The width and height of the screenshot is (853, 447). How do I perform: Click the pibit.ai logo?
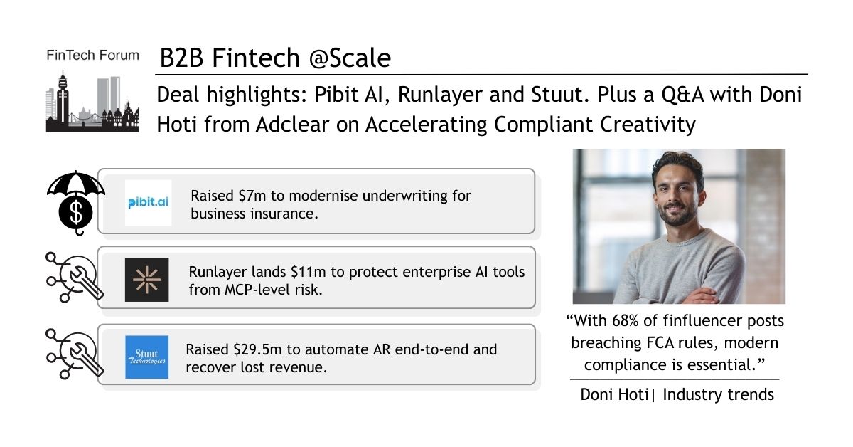148,203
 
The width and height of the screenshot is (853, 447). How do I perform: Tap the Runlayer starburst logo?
147,280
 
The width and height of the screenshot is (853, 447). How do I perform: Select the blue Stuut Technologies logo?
147,357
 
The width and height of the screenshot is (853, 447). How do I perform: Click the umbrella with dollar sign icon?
76,203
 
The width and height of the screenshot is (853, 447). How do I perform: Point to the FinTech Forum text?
92,56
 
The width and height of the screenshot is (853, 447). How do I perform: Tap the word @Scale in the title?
350,58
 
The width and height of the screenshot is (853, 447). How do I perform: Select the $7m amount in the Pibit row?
252,196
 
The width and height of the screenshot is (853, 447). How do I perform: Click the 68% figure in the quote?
625,321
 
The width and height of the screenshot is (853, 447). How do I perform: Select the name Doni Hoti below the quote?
614,395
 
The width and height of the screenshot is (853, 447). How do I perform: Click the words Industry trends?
718,395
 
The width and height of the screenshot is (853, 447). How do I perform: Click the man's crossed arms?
685,294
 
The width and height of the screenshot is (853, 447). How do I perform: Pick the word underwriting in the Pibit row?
404,196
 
